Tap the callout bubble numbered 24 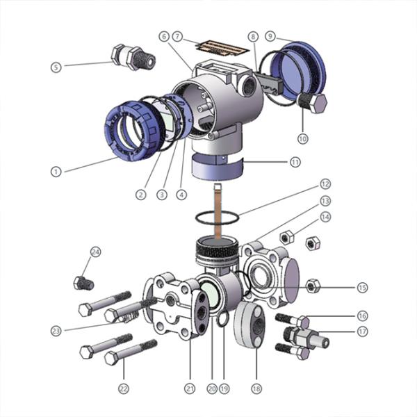[96, 252]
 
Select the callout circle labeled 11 [295, 161]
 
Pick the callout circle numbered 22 [124, 388]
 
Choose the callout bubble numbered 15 [362, 287]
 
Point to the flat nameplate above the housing [221, 47]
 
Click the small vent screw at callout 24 [83, 282]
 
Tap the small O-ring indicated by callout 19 [222, 320]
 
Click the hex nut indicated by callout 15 [313, 285]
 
